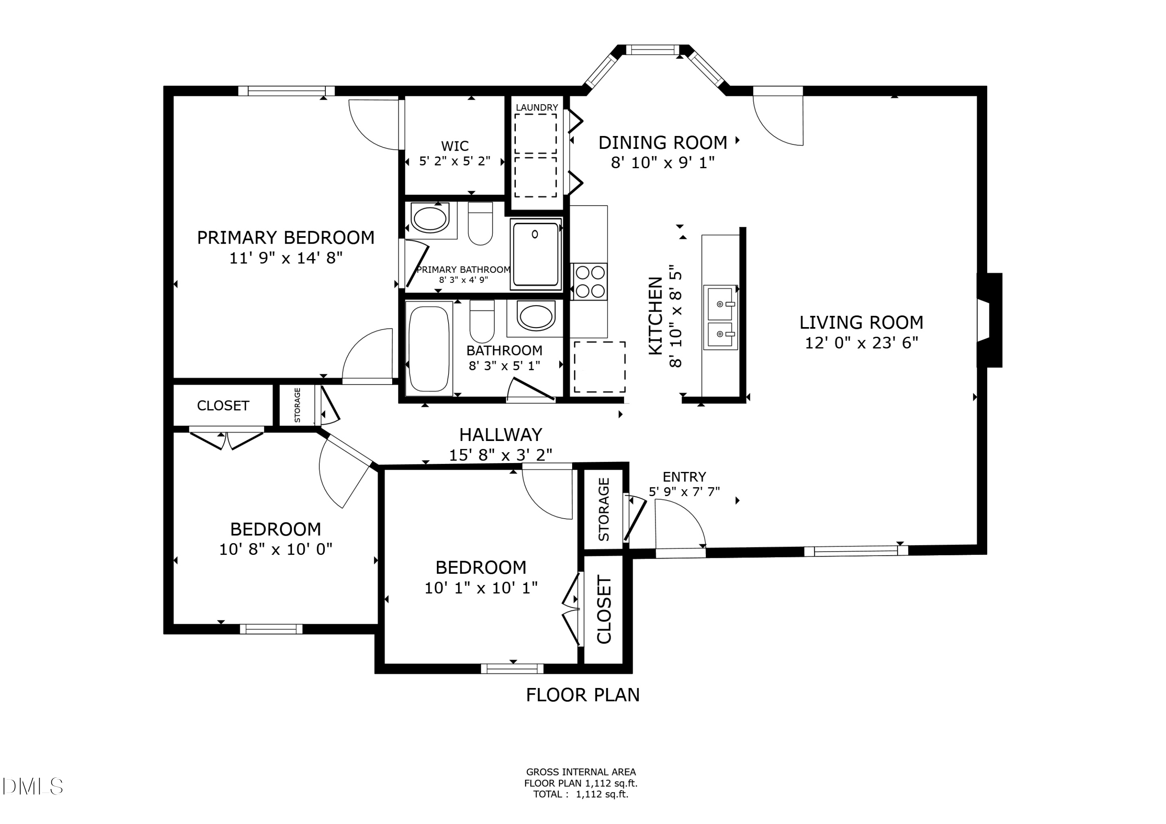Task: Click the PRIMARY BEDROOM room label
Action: click(x=285, y=238)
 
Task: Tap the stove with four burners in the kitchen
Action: click(x=590, y=281)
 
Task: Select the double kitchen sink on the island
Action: click(x=720, y=317)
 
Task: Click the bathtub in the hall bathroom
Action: click(x=429, y=348)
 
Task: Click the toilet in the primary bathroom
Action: click(x=480, y=223)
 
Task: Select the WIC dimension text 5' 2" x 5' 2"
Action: click(x=454, y=162)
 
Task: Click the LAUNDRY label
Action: click(x=537, y=108)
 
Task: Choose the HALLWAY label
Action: click(x=501, y=435)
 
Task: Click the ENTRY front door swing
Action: click(x=679, y=526)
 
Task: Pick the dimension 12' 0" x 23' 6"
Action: click(x=861, y=343)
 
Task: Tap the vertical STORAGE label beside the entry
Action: click(x=603, y=509)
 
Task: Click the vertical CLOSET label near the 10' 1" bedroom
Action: click(x=604, y=609)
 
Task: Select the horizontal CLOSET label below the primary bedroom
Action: click(x=223, y=406)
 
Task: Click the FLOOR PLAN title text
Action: click(x=583, y=695)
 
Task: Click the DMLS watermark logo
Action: click(x=31, y=786)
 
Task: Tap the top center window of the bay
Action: click(x=652, y=50)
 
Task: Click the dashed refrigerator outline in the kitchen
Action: click(x=599, y=367)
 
